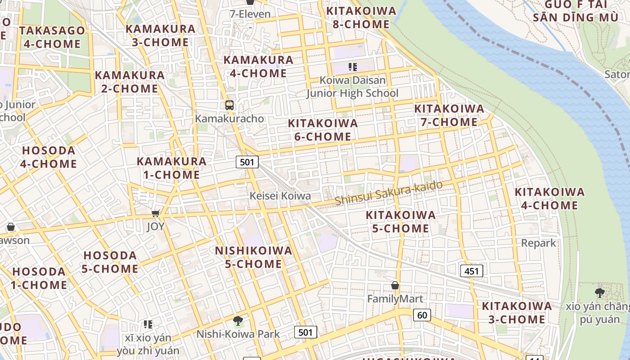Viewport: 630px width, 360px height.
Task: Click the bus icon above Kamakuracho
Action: pyautogui.click(x=229, y=105)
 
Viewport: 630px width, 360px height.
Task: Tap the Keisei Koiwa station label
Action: pyautogui.click(x=280, y=196)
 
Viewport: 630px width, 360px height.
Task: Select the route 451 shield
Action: pyautogui.click(x=472, y=271)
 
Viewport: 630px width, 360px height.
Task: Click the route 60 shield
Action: pyautogui.click(x=422, y=315)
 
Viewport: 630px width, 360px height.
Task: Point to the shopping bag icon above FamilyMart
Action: pyautogui.click(x=395, y=285)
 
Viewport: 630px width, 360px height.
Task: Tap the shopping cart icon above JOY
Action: pyautogui.click(x=156, y=213)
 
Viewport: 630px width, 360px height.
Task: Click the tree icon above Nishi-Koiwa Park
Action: pyautogui.click(x=238, y=321)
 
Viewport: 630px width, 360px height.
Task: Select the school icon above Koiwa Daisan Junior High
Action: pyautogui.click(x=353, y=67)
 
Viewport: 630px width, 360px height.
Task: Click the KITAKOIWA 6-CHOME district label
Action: pyautogui.click(x=323, y=130)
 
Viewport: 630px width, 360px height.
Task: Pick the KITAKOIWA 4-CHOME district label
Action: pyautogui.click(x=549, y=198)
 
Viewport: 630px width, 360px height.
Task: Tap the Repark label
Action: pyautogui.click(x=539, y=243)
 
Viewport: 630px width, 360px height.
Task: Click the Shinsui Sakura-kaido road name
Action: pyautogui.click(x=389, y=193)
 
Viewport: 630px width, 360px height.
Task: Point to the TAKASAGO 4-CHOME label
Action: pyautogui.click(x=52, y=37)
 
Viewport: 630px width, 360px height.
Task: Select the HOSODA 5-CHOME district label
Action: pyautogui.click(x=110, y=262)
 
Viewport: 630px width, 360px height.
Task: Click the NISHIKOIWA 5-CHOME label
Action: pyautogui.click(x=253, y=257)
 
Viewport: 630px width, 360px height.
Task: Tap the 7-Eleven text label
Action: pyautogui.click(x=250, y=14)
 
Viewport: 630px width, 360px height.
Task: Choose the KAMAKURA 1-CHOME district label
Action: pyautogui.click(x=171, y=168)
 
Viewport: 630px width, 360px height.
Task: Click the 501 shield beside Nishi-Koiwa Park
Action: pyautogui.click(x=306, y=333)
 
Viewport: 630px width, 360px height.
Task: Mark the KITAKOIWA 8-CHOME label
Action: pyautogui.click(x=361, y=18)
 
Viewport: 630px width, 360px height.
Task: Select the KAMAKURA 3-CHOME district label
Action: pyautogui.click(x=160, y=36)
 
